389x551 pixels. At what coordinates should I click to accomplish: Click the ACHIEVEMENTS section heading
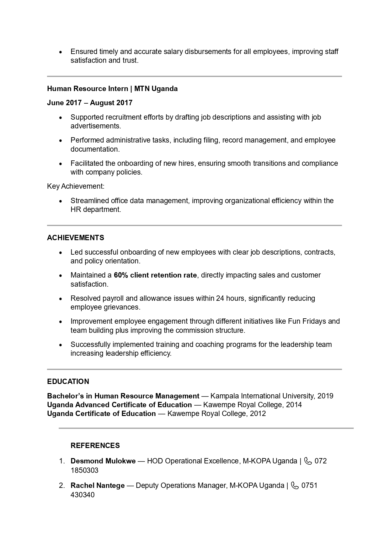[x=75, y=238]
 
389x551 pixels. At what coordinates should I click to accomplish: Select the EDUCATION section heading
[x=68, y=381]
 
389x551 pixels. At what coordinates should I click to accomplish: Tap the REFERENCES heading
[x=95, y=446]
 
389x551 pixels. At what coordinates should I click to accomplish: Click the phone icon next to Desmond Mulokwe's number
[x=308, y=461]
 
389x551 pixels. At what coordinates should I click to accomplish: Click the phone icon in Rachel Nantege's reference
[x=295, y=485]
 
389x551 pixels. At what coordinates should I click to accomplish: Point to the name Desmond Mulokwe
[x=103, y=461]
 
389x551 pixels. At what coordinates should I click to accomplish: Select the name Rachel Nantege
[x=98, y=485]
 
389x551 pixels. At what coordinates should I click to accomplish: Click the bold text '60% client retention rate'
[x=155, y=275]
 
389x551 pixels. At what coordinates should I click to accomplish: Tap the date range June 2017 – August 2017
[x=90, y=103]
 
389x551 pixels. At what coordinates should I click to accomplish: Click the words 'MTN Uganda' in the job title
[x=156, y=89]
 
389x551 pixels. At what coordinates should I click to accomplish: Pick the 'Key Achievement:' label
[x=76, y=186]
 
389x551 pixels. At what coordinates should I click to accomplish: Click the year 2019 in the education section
[x=325, y=396]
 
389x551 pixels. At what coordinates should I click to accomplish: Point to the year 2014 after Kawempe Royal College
[x=294, y=405]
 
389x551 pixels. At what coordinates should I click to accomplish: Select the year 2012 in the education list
[x=258, y=413]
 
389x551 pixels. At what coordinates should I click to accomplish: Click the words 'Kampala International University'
[x=262, y=396]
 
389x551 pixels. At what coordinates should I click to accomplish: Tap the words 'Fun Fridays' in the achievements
[x=307, y=321]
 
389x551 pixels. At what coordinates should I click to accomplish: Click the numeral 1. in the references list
[x=62, y=461]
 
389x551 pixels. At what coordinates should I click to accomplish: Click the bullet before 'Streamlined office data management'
[x=61, y=201]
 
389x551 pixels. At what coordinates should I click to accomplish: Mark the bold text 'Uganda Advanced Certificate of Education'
[x=119, y=405]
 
